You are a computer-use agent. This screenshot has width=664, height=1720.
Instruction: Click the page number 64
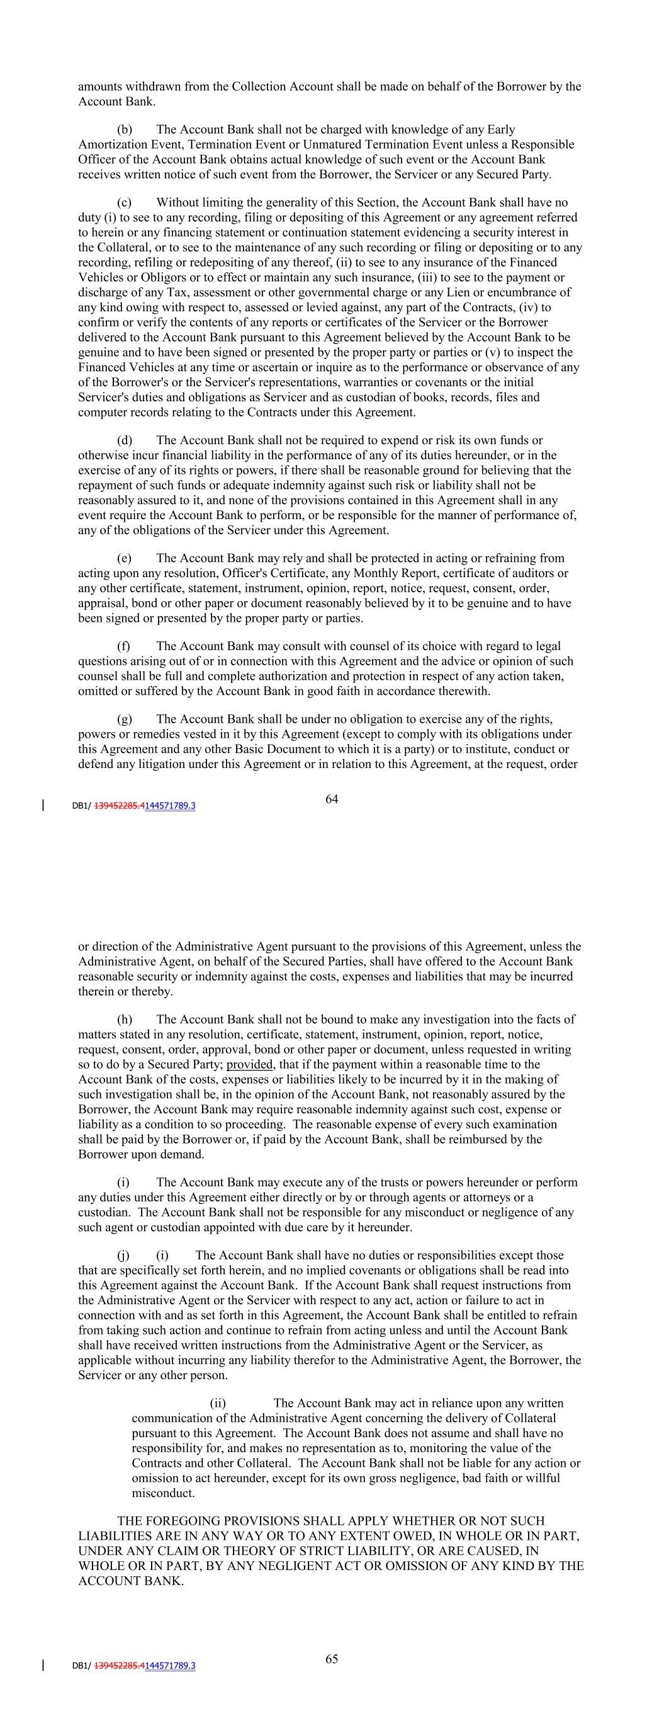[x=332, y=799]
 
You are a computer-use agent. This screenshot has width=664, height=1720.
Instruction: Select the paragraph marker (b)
[x=124, y=130]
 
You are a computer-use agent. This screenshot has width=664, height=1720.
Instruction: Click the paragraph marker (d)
[x=124, y=440]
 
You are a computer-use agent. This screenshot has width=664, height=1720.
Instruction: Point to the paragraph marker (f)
[x=123, y=646]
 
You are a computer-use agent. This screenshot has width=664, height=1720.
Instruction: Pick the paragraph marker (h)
[x=124, y=1019]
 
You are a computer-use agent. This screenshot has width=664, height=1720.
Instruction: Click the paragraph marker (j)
[x=123, y=1256]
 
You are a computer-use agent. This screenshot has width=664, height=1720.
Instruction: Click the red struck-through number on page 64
[x=120, y=806]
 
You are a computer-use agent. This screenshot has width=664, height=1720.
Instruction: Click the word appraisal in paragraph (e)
[x=100, y=604]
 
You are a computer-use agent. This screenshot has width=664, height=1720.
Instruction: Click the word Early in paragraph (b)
[x=501, y=130]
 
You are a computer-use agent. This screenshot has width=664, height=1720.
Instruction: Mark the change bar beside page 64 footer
[x=44, y=805]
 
